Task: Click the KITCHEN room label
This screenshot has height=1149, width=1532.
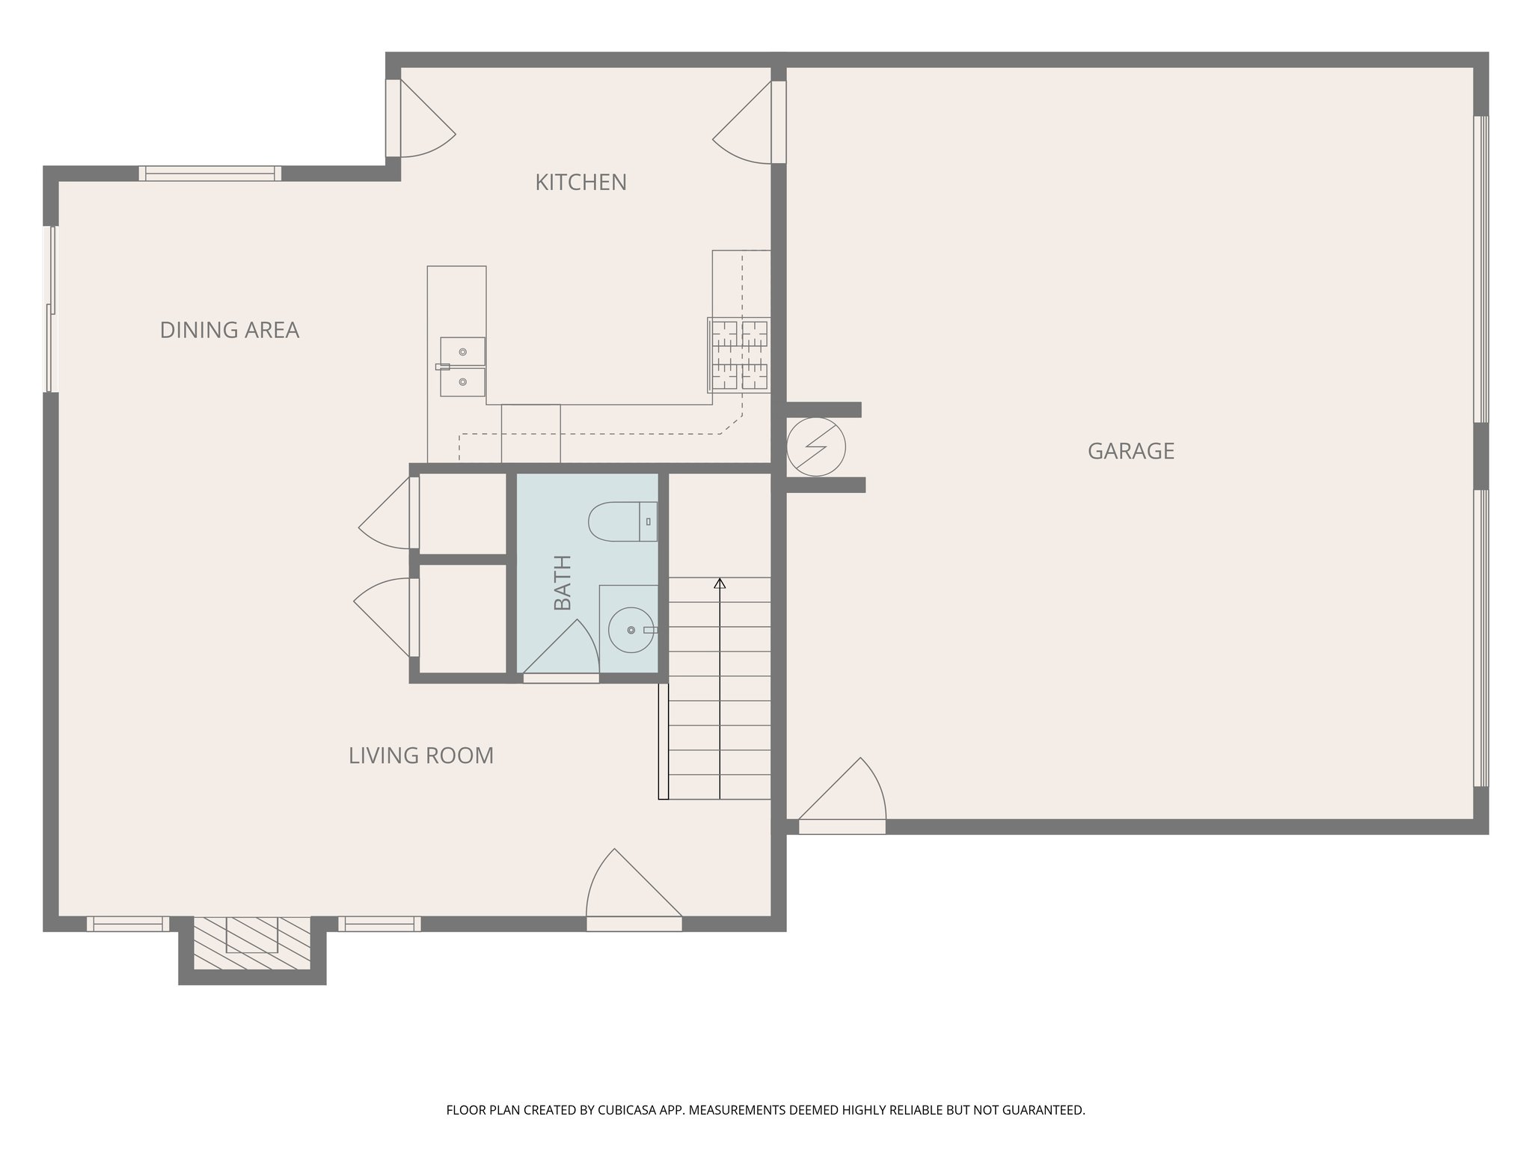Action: (580, 183)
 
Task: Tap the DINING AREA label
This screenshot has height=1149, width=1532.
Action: (230, 330)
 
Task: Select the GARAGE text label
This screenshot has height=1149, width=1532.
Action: (1130, 451)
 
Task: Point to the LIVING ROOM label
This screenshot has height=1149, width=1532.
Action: (421, 756)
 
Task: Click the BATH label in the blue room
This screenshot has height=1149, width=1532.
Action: (563, 583)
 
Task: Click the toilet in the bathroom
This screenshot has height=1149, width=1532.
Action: (622, 521)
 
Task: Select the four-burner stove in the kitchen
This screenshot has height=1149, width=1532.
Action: (739, 355)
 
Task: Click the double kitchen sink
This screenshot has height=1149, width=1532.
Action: (462, 367)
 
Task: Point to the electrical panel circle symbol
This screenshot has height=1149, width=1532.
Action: (816, 447)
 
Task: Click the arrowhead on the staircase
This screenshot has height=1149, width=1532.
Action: (720, 583)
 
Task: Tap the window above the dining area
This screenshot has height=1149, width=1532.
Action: (210, 174)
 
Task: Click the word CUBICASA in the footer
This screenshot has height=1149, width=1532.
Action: (628, 1110)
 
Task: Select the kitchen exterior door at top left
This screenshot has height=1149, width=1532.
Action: (423, 120)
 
